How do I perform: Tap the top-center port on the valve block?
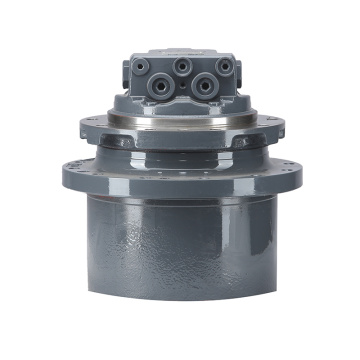pyautogui.click(x=181, y=64)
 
